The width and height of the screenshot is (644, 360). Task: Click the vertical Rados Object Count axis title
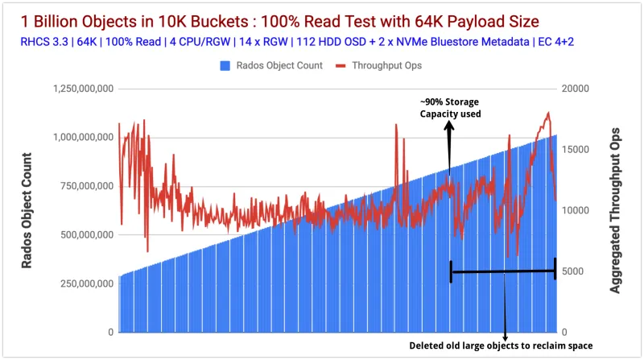[27, 210]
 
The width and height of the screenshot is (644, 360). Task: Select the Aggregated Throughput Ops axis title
[616, 209]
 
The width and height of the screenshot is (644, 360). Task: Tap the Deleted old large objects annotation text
[505, 347]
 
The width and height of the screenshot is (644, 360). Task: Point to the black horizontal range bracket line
[503, 272]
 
